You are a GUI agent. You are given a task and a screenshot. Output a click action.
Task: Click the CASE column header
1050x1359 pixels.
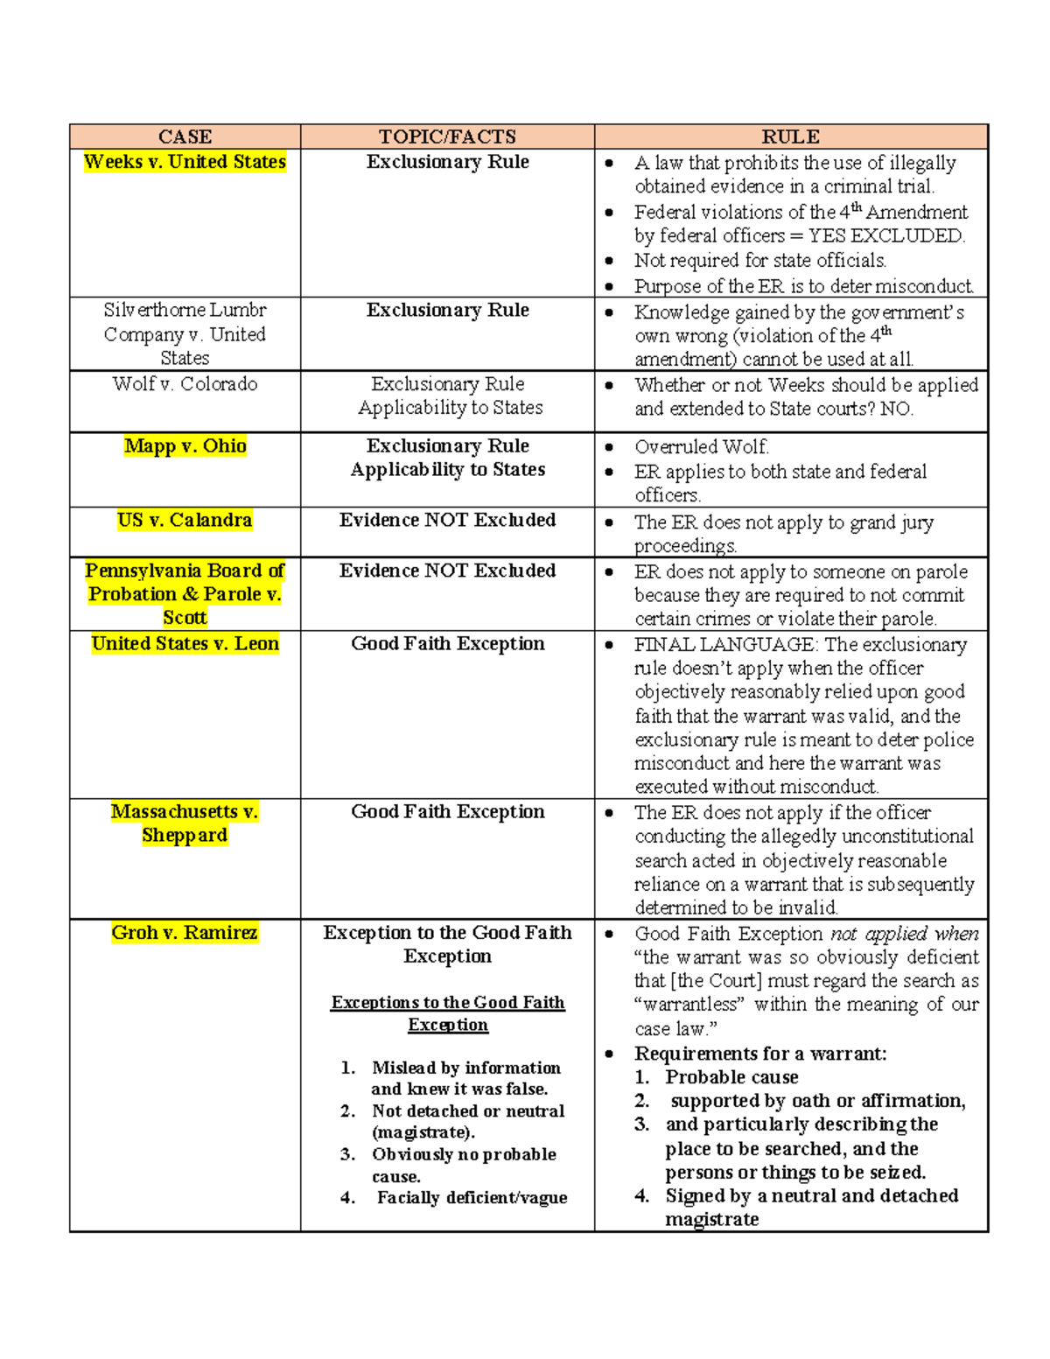point(185,137)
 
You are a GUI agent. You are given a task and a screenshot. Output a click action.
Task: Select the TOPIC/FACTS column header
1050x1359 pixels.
point(447,137)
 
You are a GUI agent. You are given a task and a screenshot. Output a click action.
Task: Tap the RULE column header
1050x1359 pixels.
point(790,137)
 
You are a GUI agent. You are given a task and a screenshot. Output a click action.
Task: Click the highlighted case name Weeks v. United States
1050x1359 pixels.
point(185,162)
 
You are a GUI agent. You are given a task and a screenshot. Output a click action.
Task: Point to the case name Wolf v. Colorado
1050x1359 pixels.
point(185,384)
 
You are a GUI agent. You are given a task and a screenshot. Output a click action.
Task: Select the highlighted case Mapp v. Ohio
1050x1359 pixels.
point(185,446)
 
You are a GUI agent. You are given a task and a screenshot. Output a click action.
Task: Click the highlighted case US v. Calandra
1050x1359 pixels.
point(185,521)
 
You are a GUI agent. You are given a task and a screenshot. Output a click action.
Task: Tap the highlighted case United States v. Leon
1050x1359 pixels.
point(185,644)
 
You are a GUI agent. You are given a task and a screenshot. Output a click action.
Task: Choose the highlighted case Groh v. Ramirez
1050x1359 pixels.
point(185,933)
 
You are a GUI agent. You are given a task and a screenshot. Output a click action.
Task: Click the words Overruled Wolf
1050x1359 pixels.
point(702,447)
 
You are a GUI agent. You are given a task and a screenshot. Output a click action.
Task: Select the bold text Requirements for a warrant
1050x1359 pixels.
point(759,1054)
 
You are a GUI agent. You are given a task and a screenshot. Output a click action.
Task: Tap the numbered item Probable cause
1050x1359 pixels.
point(731,1077)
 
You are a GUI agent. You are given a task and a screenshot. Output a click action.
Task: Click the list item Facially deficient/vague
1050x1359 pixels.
point(472,1198)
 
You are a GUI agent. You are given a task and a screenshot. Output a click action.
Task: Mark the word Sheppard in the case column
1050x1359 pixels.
point(185,836)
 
